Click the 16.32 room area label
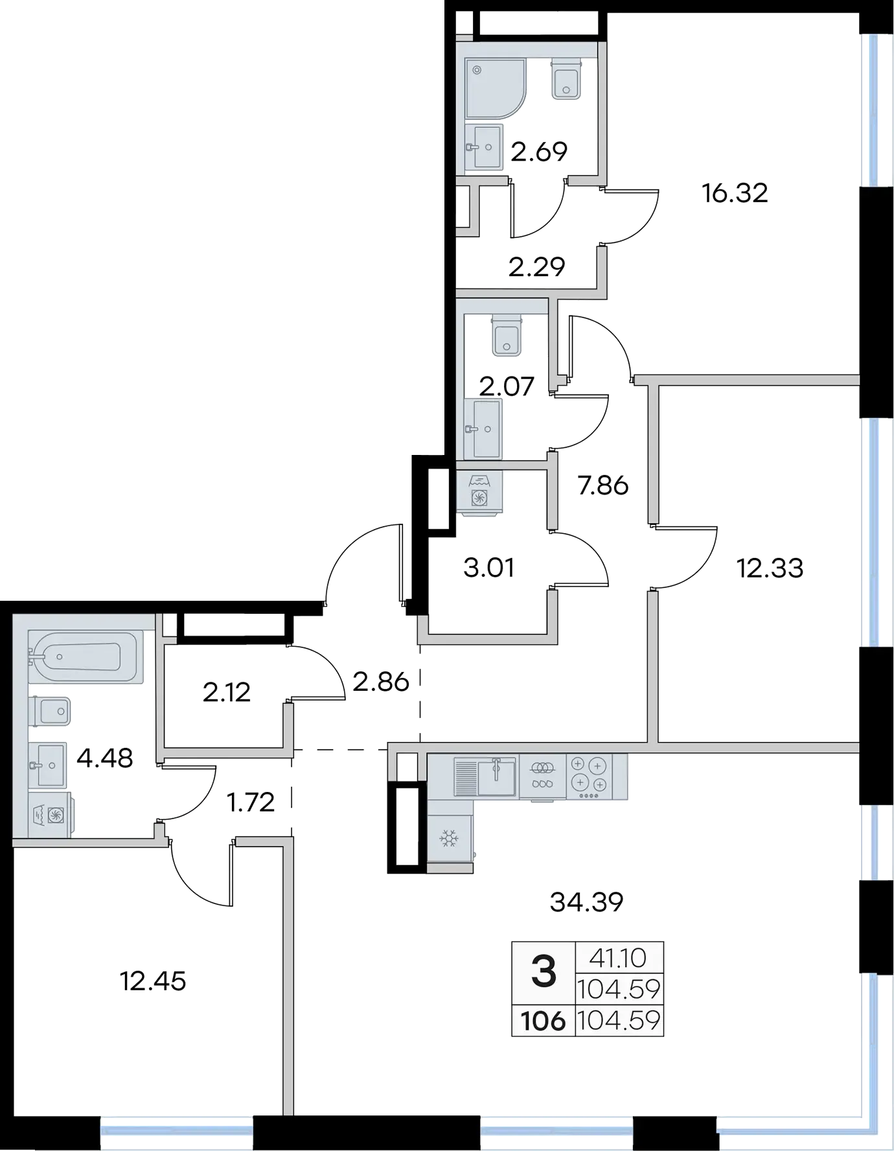(735, 193)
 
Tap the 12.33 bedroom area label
(770, 568)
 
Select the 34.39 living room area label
(586, 901)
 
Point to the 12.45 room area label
(153, 981)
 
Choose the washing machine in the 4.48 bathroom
(51, 816)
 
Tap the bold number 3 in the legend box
(544, 973)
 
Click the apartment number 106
(544, 1021)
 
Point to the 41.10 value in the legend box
(619, 957)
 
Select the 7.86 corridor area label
(603, 485)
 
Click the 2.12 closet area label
(226, 693)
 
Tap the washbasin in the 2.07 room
(483, 428)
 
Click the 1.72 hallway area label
(251, 803)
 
